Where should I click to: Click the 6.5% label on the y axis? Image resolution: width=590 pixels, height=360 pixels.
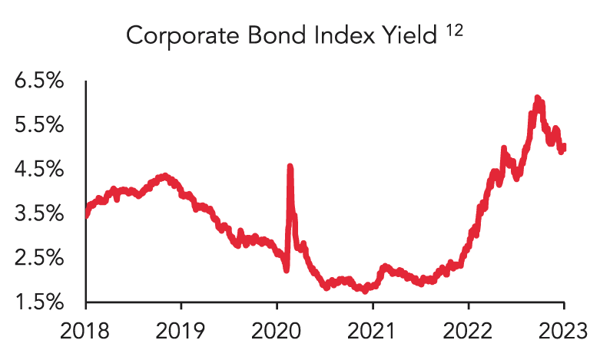(38, 81)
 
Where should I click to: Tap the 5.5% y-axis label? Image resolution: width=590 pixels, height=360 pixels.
(38, 125)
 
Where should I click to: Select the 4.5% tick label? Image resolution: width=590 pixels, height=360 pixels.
(38, 170)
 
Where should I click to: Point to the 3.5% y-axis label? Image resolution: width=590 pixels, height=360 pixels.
(38, 213)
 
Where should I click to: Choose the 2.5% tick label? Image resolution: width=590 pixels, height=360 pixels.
(38, 258)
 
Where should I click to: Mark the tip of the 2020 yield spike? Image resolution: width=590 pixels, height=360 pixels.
(290, 165)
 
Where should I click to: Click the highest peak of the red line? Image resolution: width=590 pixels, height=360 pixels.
(537, 97)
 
